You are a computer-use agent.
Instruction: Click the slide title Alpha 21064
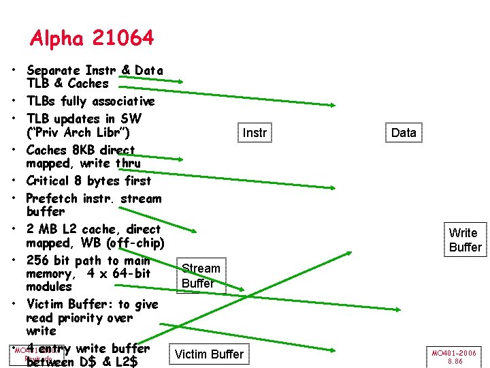click(x=92, y=38)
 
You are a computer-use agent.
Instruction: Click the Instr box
click(x=255, y=133)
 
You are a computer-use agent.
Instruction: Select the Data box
click(x=404, y=133)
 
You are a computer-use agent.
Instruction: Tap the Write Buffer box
click(x=465, y=240)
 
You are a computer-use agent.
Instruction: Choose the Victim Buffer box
click(x=209, y=354)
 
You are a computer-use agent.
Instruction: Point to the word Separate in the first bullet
click(x=53, y=70)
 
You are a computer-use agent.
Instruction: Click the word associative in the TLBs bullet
click(x=121, y=102)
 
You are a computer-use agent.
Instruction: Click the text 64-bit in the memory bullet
click(x=131, y=273)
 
